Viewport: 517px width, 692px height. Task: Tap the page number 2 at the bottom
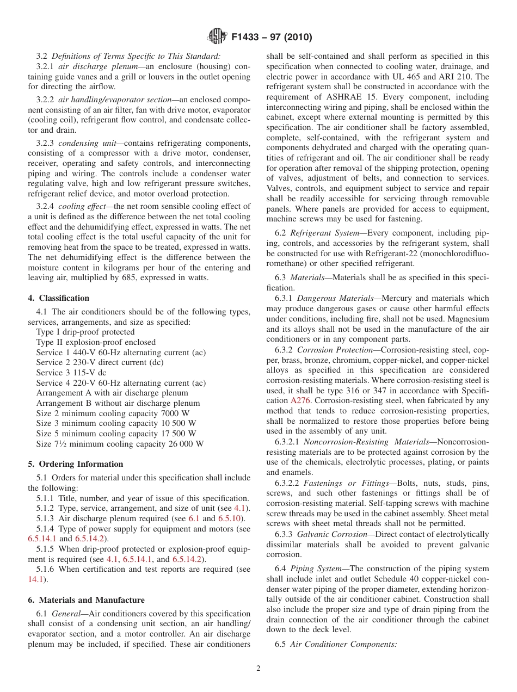click(258, 669)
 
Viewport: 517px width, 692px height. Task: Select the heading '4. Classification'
click(59, 298)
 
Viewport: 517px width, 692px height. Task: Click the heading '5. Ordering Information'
click(76, 464)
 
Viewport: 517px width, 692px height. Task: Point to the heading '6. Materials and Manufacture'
click(87, 600)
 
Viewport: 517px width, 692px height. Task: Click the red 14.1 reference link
click(34, 579)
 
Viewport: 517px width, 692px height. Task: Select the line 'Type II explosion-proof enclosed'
click(96, 342)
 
